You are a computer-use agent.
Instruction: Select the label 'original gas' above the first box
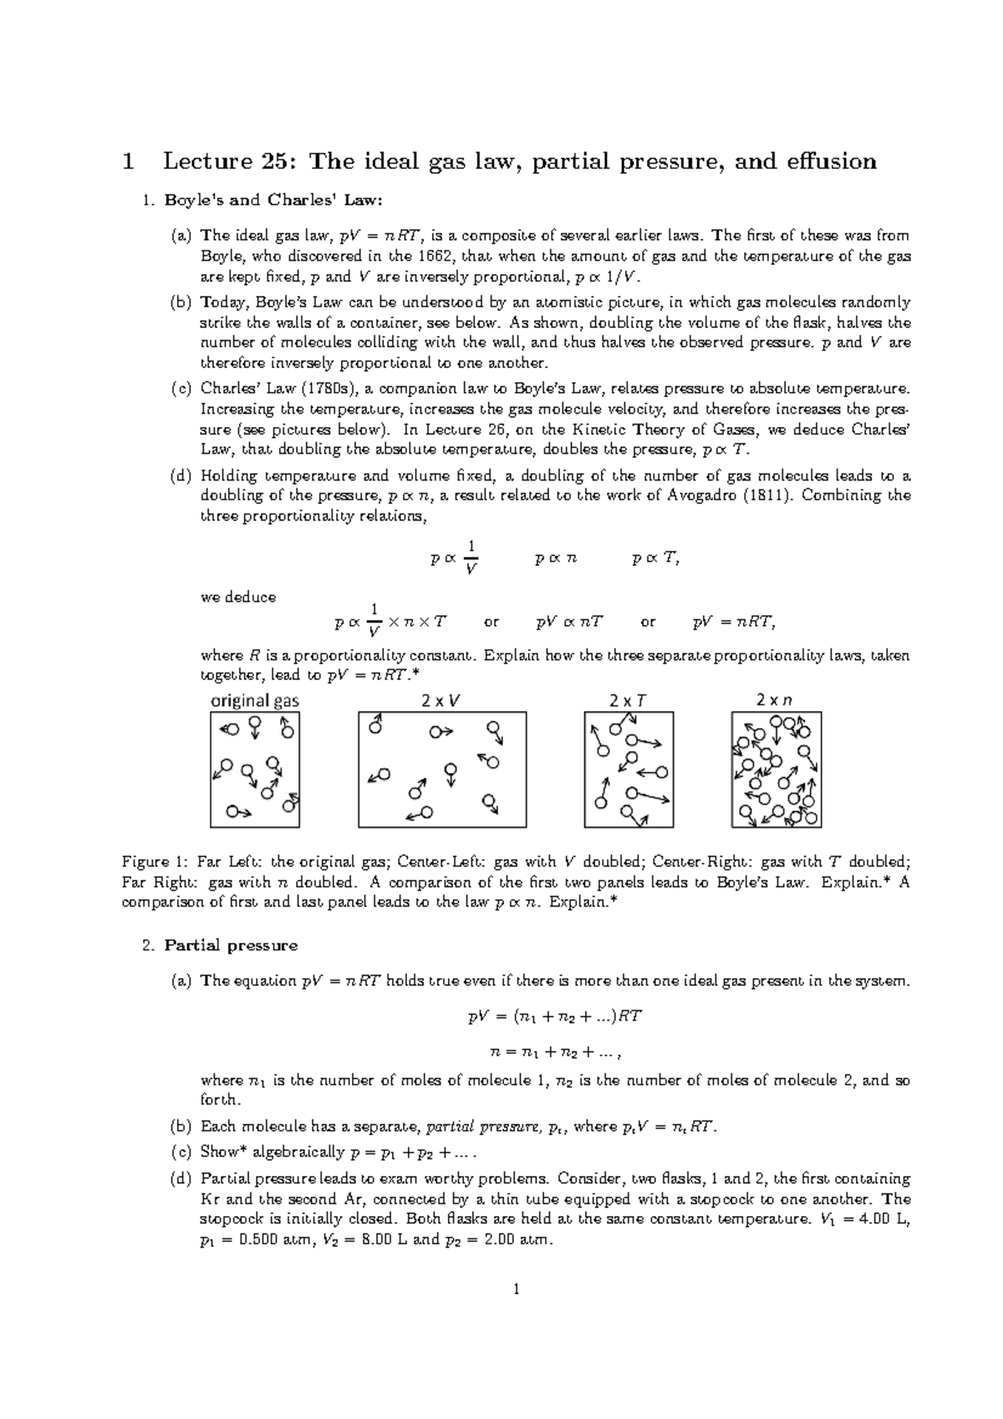pyautogui.click(x=254, y=701)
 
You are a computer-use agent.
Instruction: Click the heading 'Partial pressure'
pyautogui.click(x=231, y=945)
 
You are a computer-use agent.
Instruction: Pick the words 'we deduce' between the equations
pyautogui.click(x=238, y=598)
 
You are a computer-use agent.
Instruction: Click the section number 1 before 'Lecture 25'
pyautogui.click(x=127, y=160)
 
